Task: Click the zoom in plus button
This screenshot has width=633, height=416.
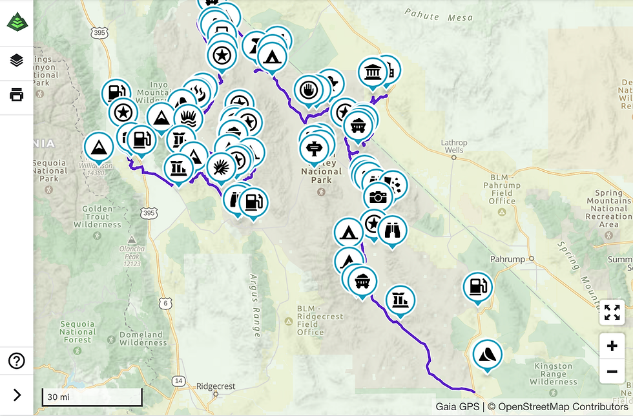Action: [612, 346]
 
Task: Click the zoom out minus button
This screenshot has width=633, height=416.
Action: [612, 371]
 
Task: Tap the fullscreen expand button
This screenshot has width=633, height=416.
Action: [612, 312]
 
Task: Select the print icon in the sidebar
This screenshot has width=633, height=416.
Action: [17, 95]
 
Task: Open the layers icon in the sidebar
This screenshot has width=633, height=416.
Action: [17, 61]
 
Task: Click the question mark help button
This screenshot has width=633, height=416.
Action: [17, 360]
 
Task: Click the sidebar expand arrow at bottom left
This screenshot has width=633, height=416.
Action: [17, 395]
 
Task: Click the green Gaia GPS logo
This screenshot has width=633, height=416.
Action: [17, 23]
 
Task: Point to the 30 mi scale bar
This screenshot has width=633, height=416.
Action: [92, 397]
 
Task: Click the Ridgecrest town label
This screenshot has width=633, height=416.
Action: [216, 386]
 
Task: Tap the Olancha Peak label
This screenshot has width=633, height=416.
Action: [131, 255]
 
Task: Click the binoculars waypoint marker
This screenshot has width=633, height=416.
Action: [391, 231]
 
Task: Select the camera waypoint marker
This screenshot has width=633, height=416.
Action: [377, 196]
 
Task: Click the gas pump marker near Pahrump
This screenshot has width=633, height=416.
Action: [477, 286]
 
